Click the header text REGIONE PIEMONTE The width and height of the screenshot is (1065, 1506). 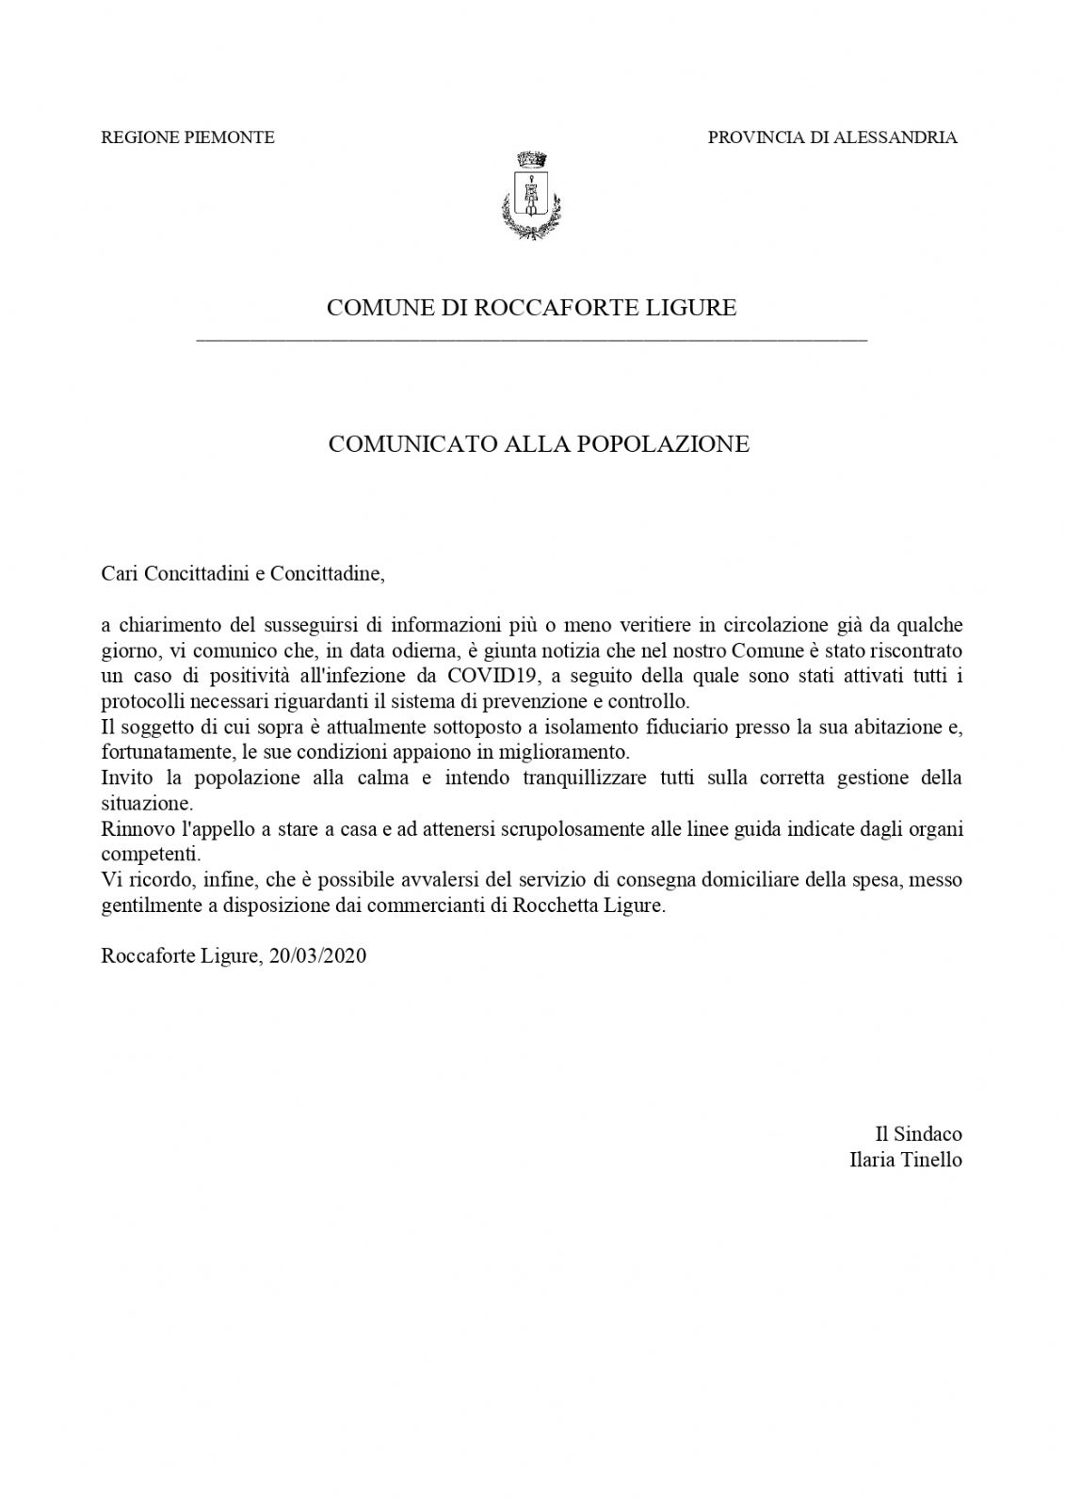coord(187,137)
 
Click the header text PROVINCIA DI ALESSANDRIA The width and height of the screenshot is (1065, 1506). coord(831,137)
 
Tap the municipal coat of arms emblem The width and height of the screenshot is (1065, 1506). coord(531,195)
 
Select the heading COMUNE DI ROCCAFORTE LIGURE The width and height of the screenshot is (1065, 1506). coord(531,308)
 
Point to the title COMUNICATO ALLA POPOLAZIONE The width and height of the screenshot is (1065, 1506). coord(539,444)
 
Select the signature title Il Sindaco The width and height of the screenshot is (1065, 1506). coord(918,1134)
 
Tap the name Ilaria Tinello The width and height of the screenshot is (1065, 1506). coord(905,1160)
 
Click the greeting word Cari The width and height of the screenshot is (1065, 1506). coord(119,574)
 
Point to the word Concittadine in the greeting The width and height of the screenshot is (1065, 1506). coord(327,574)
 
